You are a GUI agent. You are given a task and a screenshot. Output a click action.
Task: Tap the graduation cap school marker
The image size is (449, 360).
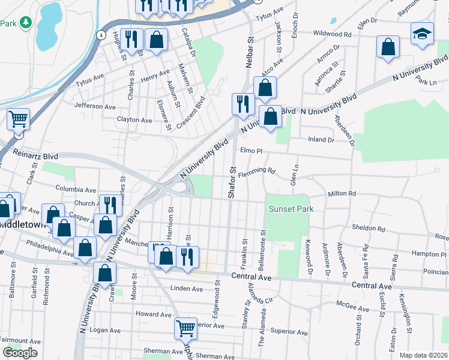422,34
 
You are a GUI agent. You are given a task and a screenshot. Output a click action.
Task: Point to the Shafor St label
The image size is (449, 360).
231,184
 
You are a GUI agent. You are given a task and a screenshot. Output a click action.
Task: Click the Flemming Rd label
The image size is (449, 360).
256,173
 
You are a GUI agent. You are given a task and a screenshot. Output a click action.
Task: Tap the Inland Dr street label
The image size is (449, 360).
321,140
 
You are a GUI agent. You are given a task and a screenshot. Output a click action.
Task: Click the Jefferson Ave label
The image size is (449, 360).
94,106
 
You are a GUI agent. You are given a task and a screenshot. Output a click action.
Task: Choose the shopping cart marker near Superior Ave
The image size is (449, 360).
186,328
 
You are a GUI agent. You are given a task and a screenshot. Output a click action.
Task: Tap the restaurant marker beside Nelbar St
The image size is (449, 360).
243,103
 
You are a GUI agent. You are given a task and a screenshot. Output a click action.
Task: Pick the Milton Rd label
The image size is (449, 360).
342,194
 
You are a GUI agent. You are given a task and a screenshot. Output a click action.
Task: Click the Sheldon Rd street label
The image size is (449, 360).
369,229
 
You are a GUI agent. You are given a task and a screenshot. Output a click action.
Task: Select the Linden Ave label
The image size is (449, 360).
187,289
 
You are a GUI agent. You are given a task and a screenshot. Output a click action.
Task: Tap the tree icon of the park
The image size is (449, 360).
25,23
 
